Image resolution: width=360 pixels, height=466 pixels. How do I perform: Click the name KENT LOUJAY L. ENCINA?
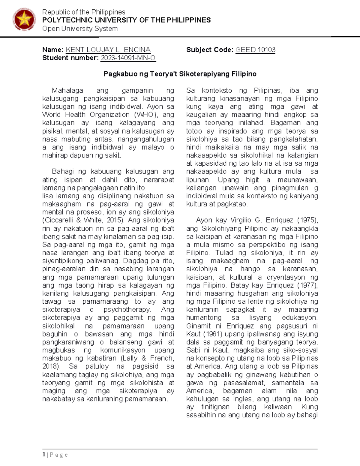(x=108, y=50)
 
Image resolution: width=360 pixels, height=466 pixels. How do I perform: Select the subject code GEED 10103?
(x=255, y=50)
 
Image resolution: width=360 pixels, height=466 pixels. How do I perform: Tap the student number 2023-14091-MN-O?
(x=128, y=58)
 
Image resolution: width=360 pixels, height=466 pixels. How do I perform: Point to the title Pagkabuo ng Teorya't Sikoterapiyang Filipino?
(x=180, y=74)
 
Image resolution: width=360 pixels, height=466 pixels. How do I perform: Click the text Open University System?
(x=80, y=29)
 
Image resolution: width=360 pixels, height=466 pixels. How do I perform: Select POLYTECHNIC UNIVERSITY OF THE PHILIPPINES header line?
(x=126, y=20)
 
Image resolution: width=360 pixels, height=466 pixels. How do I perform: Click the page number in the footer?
(x=44, y=455)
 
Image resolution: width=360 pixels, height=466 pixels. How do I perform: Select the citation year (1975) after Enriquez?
(x=307, y=220)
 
